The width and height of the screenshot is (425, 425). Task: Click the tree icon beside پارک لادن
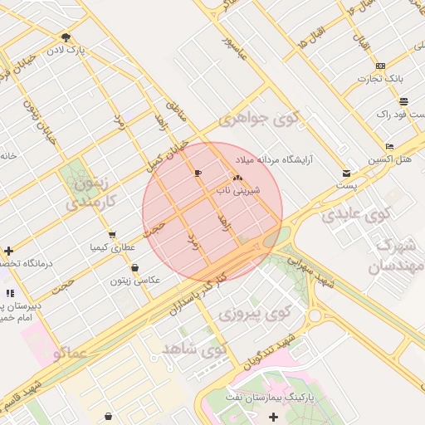pos(66,37)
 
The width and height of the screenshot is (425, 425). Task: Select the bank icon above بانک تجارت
pos(380,66)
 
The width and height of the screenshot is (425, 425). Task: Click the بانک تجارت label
pos(380,79)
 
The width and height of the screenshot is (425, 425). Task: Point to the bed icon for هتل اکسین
pos(389,146)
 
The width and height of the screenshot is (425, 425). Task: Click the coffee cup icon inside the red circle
pos(197,173)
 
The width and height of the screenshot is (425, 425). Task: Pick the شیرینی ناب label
pos(238,190)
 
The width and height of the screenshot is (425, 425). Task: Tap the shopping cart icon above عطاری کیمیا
pos(112,234)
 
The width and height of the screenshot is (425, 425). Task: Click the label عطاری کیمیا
pos(112,247)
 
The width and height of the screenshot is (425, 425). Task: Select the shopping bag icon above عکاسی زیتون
pos(135,267)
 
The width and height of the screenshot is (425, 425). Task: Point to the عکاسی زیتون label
pos(135,281)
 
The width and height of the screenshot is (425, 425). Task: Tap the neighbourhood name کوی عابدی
pos(356,216)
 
